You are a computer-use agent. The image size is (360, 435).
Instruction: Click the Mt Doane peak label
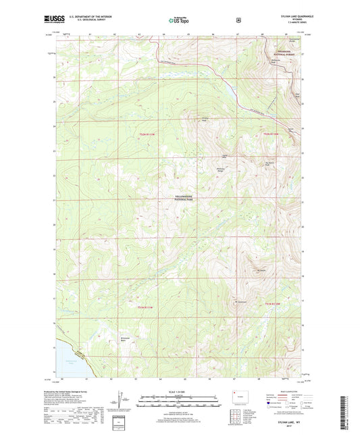261,272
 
